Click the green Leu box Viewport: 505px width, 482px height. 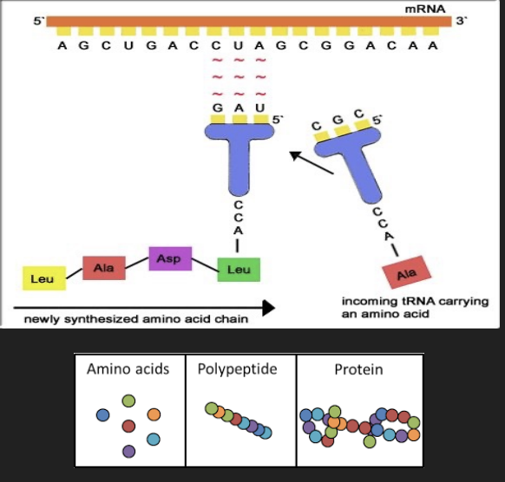(x=238, y=269)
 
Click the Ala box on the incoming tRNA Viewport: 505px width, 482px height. (x=401, y=273)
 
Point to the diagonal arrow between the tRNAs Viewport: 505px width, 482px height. (x=312, y=163)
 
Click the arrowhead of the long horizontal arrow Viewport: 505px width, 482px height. (x=268, y=307)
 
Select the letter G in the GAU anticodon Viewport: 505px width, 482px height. (x=217, y=108)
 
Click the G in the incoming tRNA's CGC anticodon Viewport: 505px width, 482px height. (x=339, y=119)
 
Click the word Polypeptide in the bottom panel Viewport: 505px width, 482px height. (x=237, y=369)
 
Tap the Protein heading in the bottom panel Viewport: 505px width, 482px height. (x=358, y=369)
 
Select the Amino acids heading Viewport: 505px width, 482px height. (x=128, y=369)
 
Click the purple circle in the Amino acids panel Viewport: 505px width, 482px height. (x=129, y=451)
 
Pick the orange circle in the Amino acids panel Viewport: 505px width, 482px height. (x=154, y=415)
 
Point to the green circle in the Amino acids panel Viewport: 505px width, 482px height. (x=129, y=401)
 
